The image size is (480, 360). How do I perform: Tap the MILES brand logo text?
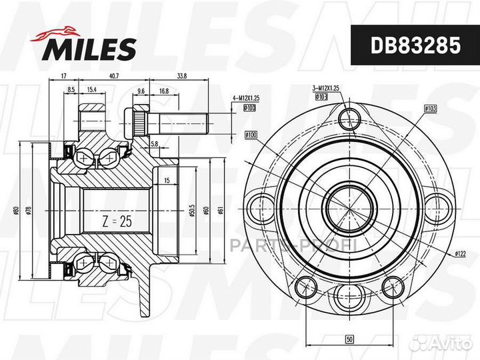(x=91, y=48)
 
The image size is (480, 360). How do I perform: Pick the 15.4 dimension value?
(x=91, y=89)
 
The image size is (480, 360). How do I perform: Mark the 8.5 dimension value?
(x=70, y=89)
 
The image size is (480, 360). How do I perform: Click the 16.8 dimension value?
(x=163, y=89)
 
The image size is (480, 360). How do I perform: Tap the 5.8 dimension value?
(x=155, y=143)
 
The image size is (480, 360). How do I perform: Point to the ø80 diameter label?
(x=15, y=212)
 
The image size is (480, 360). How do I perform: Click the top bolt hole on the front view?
(x=349, y=119)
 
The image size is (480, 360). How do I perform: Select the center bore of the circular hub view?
(x=348, y=203)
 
